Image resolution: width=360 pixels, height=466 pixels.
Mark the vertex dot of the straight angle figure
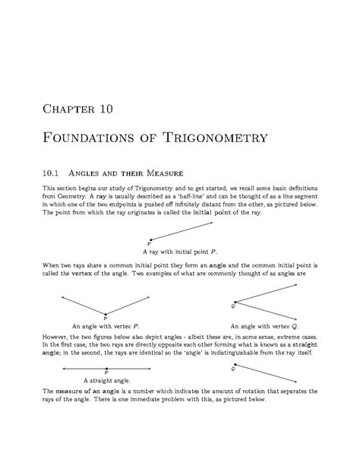[106, 367]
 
